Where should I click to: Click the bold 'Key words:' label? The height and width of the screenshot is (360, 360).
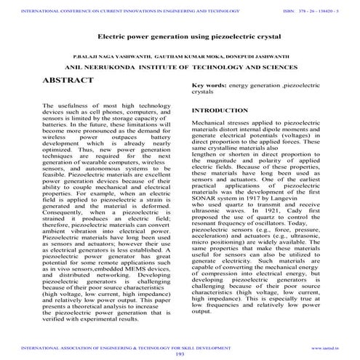click(x=207, y=86)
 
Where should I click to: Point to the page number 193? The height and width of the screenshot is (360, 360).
click(x=180, y=354)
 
